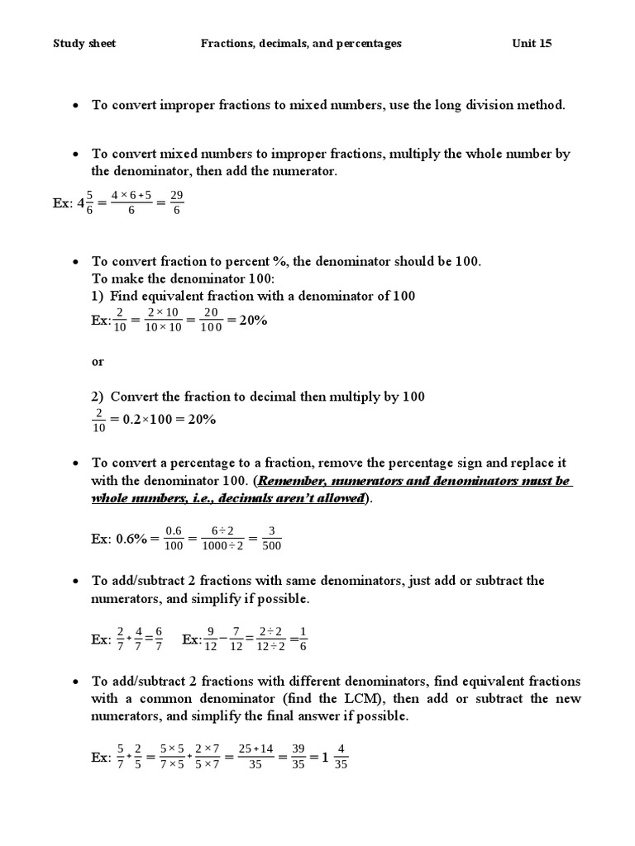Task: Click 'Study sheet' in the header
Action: point(84,44)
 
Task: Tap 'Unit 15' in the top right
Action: point(532,44)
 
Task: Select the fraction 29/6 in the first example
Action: point(176,202)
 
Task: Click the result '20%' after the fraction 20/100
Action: point(253,321)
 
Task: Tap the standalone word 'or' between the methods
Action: point(98,362)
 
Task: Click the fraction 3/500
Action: point(272,538)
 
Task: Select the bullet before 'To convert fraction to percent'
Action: point(74,262)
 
